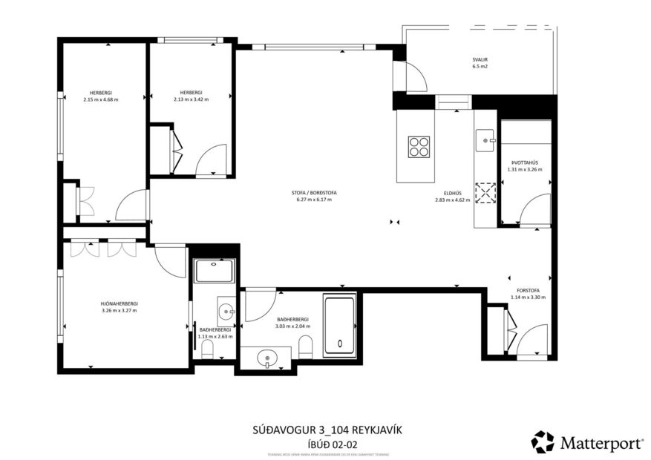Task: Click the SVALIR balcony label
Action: [x=480, y=59]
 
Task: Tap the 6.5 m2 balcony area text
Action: [x=480, y=67]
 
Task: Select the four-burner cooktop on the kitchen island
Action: [x=418, y=146]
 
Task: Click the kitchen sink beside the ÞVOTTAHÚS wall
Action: [x=487, y=138]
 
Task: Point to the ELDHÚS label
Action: [x=453, y=193]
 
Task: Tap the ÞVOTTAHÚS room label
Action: [x=524, y=162]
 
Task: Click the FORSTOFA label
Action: [x=528, y=291]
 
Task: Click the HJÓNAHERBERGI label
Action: [x=120, y=303]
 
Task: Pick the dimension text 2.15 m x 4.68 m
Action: [x=101, y=99]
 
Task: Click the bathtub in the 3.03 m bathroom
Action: [x=340, y=323]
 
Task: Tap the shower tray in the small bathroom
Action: [x=215, y=271]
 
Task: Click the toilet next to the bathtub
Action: [x=305, y=346]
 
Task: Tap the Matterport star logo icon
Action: [x=542, y=442]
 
